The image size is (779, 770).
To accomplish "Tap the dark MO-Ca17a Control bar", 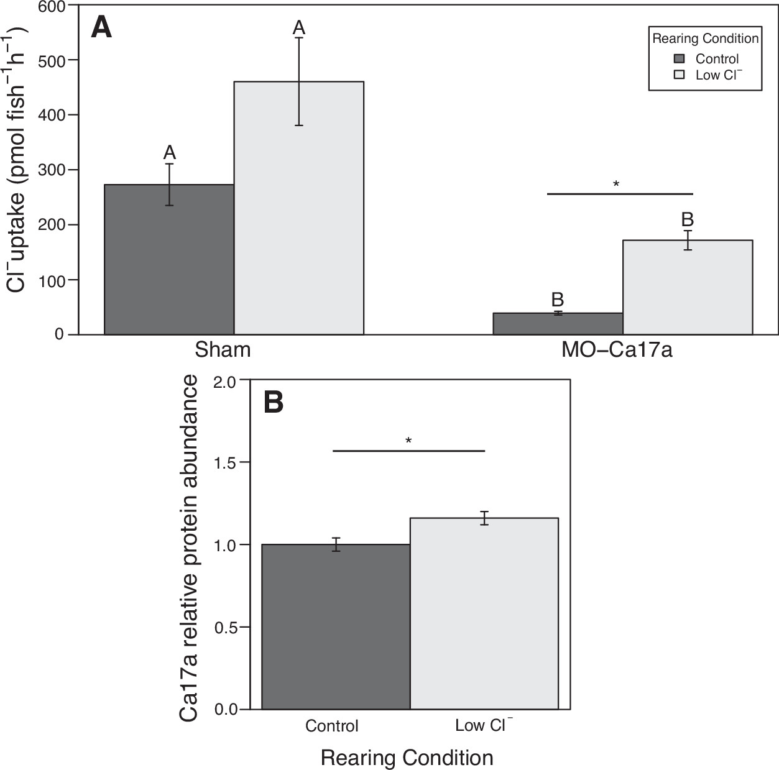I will (x=558, y=324).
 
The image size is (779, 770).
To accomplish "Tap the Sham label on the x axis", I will (x=223, y=350).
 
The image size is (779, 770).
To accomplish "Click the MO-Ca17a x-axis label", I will (x=617, y=350).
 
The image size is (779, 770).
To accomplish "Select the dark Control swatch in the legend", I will (x=680, y=59).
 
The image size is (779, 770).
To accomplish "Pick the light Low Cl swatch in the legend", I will (x=680, y=75).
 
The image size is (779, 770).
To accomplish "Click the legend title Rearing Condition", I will (x=705, y=39).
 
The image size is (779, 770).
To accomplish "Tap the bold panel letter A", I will (x=101, y=28).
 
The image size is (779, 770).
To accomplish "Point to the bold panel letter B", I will (x=274, y=402).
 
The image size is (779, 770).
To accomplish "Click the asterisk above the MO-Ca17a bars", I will (x=616, y=184).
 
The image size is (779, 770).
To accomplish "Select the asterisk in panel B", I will (x=408, y=441).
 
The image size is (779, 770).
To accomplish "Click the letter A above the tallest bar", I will (x=299, y=28).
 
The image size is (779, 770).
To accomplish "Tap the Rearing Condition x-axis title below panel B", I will (x=407, y=758).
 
